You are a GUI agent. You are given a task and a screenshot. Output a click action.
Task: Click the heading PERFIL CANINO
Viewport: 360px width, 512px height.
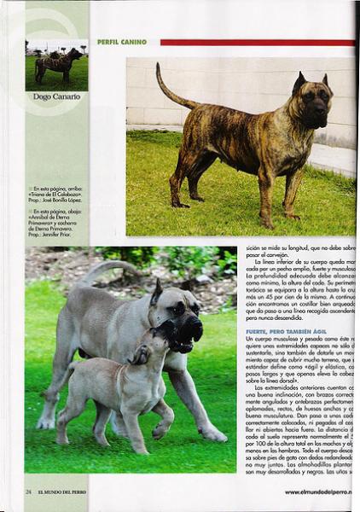(121, 42)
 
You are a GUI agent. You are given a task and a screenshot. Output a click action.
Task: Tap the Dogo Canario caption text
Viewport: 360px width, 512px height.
(56, 96)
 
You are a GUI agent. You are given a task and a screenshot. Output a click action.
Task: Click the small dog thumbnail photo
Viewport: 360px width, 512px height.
(56, 65)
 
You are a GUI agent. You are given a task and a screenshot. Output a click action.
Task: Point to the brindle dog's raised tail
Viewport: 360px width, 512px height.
(170, 89)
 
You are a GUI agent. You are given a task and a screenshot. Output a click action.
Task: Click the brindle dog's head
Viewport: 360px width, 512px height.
(311, 98)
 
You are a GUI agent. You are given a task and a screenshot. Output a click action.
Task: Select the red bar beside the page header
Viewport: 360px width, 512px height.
(256, 42)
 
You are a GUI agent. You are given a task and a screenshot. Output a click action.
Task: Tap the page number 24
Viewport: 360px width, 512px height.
(28, 492)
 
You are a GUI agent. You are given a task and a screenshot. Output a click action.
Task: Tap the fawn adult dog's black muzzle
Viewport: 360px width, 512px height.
(189, 329)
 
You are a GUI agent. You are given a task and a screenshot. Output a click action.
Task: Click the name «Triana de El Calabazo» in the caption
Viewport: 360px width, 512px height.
(56, 194)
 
